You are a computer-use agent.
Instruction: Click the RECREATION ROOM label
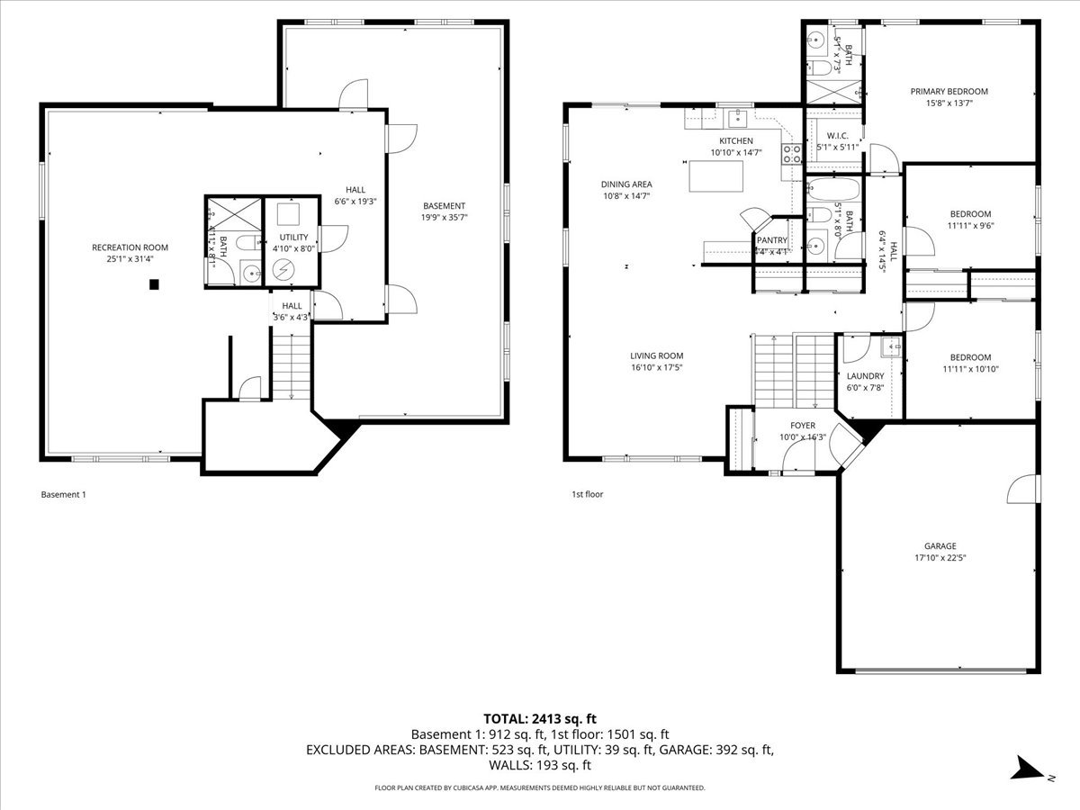pyautogui.click(x=130, y=247)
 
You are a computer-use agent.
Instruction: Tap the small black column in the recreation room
pyautogui.click(x=154, y=285)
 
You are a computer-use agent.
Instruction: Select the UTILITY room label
pyautogui.click(x=290, y=237)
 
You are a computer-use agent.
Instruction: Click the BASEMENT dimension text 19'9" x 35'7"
pyautogui.click(x=445, y=217)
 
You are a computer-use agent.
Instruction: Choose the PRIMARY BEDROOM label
pyautogui.click(x=949, y=92)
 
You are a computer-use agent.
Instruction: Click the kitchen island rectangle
pyautogui.click(x=716, y=175)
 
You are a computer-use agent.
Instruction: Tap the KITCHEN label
pyautogui.click(x=735, y=141)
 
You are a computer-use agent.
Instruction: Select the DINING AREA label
pyautogui.click(x=625, y=184)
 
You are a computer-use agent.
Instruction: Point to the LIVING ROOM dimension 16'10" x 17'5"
pyautogui.click(x=657, y=367)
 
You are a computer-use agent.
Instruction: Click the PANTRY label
pyautogui.click(x=771, y=240)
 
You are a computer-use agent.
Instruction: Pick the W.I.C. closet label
pyautogui.click(x=837, y=135)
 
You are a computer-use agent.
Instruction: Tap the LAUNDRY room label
pyautogui.click(x=865, y=376)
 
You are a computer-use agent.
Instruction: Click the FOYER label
pyautogui.click(x=803, y=426)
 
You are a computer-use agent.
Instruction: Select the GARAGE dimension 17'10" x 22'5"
pyautogui.click(x=940, y=557)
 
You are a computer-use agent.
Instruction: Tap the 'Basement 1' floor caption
pyautogui.click(x=63, y=494)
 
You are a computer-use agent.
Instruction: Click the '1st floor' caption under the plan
pyautogui.click(x=587, y=494)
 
